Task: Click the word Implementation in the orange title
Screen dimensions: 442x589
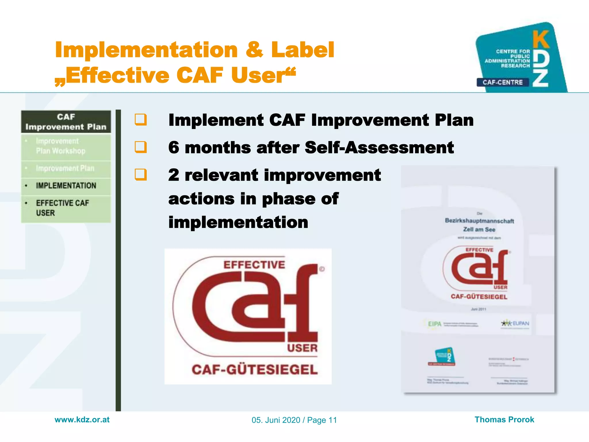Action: click(146, 50)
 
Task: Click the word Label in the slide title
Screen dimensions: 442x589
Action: click(303, 50)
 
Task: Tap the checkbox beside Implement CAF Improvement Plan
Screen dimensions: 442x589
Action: click(141, 120)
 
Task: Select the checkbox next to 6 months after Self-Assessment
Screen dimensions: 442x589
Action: click(141, 147)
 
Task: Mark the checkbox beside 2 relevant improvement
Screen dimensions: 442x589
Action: click(141, 174)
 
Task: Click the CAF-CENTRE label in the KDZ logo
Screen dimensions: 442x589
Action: click(502, 82)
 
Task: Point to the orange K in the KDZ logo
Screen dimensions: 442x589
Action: click(541, 40)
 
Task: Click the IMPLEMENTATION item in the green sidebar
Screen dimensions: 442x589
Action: click(66, 186)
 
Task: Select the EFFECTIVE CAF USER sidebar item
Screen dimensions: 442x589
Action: click(62, 208)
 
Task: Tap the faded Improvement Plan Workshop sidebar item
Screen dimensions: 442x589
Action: click(60, 146)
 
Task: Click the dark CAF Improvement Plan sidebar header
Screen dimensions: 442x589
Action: click(66, 122)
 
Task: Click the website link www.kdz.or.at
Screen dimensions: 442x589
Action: click(82, 420)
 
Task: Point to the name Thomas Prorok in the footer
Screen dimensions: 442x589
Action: click(504, 420)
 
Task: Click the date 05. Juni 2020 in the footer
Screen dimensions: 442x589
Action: click(276, 420)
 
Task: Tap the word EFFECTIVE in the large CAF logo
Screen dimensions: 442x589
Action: click(254, 265)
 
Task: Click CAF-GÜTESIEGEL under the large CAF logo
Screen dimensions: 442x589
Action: click(255, 370)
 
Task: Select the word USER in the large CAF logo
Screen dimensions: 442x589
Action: click(302, 348)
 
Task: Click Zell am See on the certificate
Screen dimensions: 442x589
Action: click(479, 229)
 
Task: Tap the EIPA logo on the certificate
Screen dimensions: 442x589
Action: click(435, 324)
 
